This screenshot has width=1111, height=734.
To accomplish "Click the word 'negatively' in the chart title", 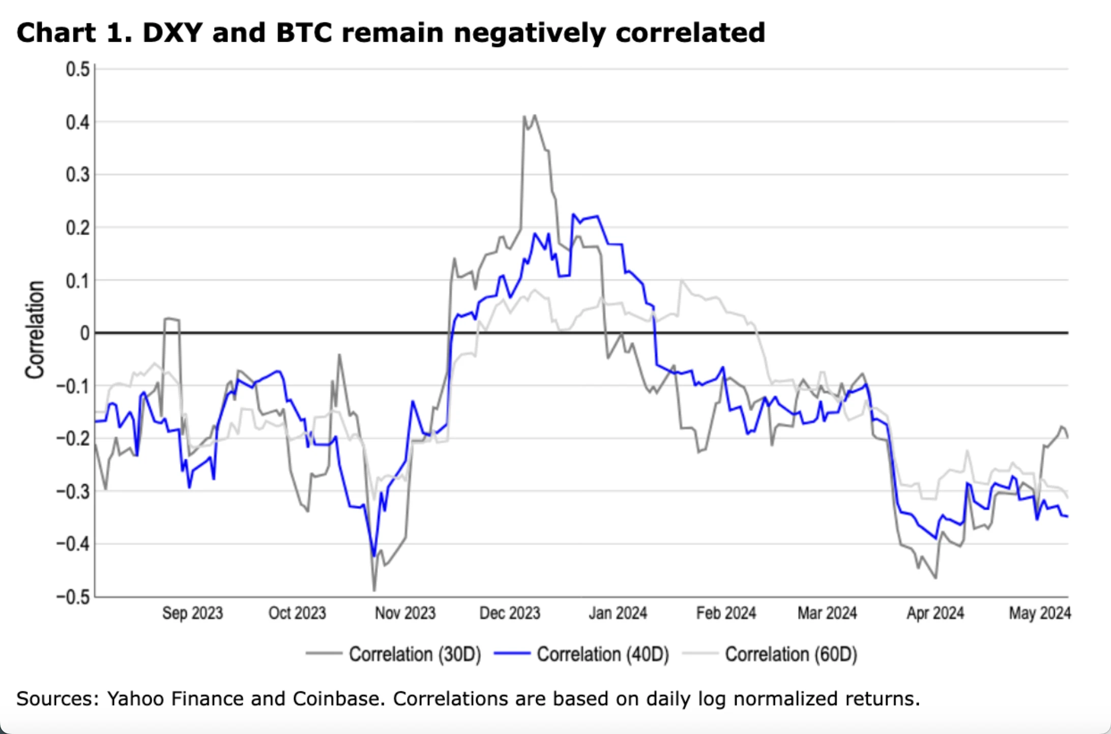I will pos(530,33).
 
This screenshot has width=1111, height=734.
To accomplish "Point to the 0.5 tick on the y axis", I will pos(78,70).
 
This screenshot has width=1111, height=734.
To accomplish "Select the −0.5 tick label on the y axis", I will pos(73,597).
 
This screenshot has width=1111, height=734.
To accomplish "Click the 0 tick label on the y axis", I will pos(85,334).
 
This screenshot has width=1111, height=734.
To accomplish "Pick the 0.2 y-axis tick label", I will pos(78,228).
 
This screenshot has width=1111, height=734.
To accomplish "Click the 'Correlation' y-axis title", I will pos(35,330).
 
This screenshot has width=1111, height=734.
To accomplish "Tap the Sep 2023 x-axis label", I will pos(192,613).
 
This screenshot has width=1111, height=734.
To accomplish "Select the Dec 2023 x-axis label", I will pos(510,613).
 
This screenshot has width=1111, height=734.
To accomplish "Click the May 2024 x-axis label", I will pos(1040,613).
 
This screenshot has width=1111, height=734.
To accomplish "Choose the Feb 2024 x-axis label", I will pos(726,613).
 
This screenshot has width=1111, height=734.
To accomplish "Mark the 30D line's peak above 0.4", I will pos(534,116).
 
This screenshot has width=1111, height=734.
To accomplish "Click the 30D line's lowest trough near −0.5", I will pos(374,590).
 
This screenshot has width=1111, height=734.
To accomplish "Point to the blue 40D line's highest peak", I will pos(573,215).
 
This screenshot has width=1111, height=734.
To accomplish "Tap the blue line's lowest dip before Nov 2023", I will pos(374,556).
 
